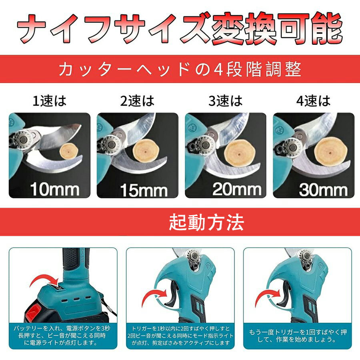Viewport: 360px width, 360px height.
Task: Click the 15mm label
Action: tap(143, 189)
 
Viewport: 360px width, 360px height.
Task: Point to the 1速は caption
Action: tap(49, 101)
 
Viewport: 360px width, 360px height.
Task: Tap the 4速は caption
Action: tap(314, 101)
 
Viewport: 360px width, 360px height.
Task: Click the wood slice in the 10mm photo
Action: tap(67, 152)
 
